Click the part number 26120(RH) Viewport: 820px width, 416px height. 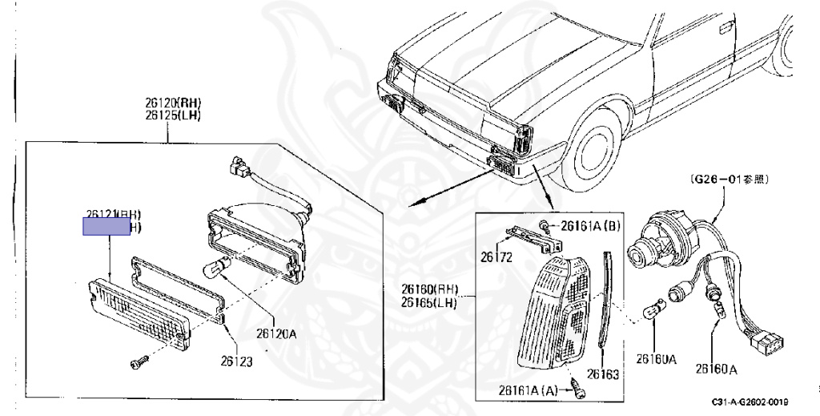[173, 103]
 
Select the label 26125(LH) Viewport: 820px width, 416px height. [173, 115]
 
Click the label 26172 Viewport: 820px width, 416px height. [496, 257]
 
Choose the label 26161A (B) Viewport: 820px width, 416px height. [589, 226]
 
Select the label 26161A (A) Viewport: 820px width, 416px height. [527, 390]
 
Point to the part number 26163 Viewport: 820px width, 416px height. [603, 374]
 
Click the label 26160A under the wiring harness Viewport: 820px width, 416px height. [716, 369]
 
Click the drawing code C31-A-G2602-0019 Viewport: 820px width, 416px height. [749, 401]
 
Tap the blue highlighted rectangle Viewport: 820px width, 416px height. [107, 226]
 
